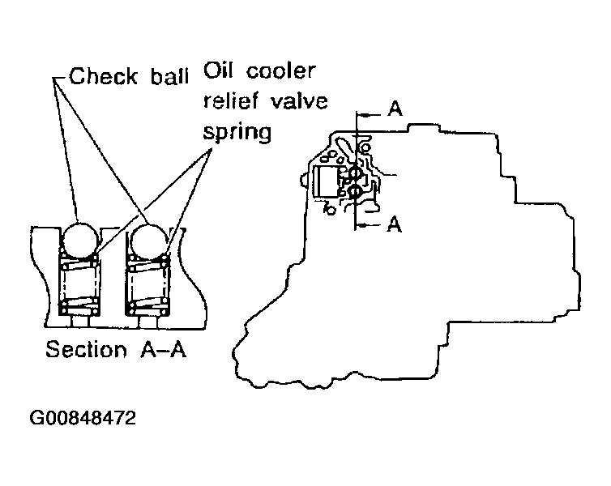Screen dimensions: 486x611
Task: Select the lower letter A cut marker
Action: tap(395, 224)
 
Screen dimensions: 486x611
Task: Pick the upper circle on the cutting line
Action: tap(356, 173)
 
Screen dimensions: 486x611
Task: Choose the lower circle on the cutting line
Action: tap(356, 192)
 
